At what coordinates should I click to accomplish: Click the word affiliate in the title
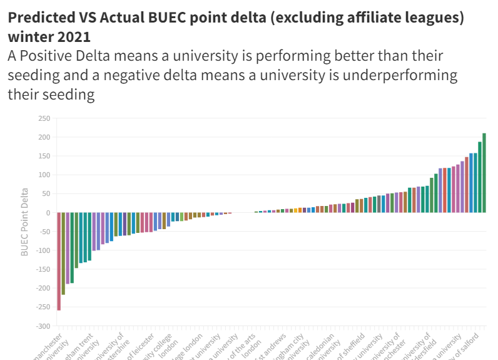click(x=341, y=18)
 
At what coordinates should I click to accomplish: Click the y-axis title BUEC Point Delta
click(x=25, y=222)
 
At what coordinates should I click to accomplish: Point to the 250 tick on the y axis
click(x=44, y=118)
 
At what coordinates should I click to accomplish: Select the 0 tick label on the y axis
click(x=48, y=213)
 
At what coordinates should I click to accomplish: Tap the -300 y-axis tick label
click(x=43, y=326)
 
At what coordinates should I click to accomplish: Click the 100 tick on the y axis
click(x=44, y=175)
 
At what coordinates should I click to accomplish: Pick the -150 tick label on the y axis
click(x=43, y=270)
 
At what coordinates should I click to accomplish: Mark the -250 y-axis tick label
click(x=43, y=307)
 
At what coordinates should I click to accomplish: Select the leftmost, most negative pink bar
click(x=59, y=261)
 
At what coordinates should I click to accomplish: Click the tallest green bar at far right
click(x=484, y=173)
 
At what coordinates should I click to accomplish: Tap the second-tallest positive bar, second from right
click(x=480, y=177)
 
